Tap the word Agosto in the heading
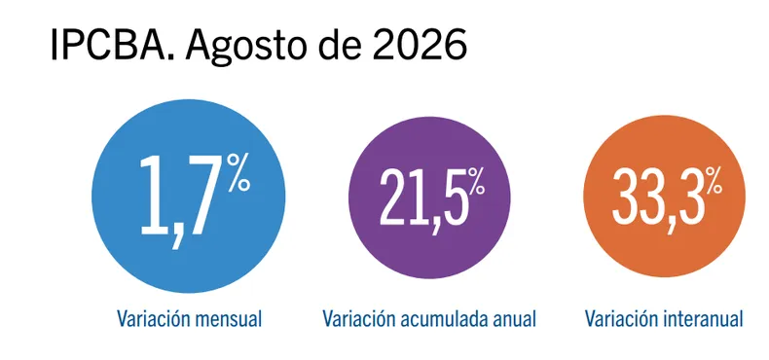point(248,47)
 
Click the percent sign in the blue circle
point(238,172)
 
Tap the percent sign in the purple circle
point(476,182)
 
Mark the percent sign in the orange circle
point(714,181)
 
